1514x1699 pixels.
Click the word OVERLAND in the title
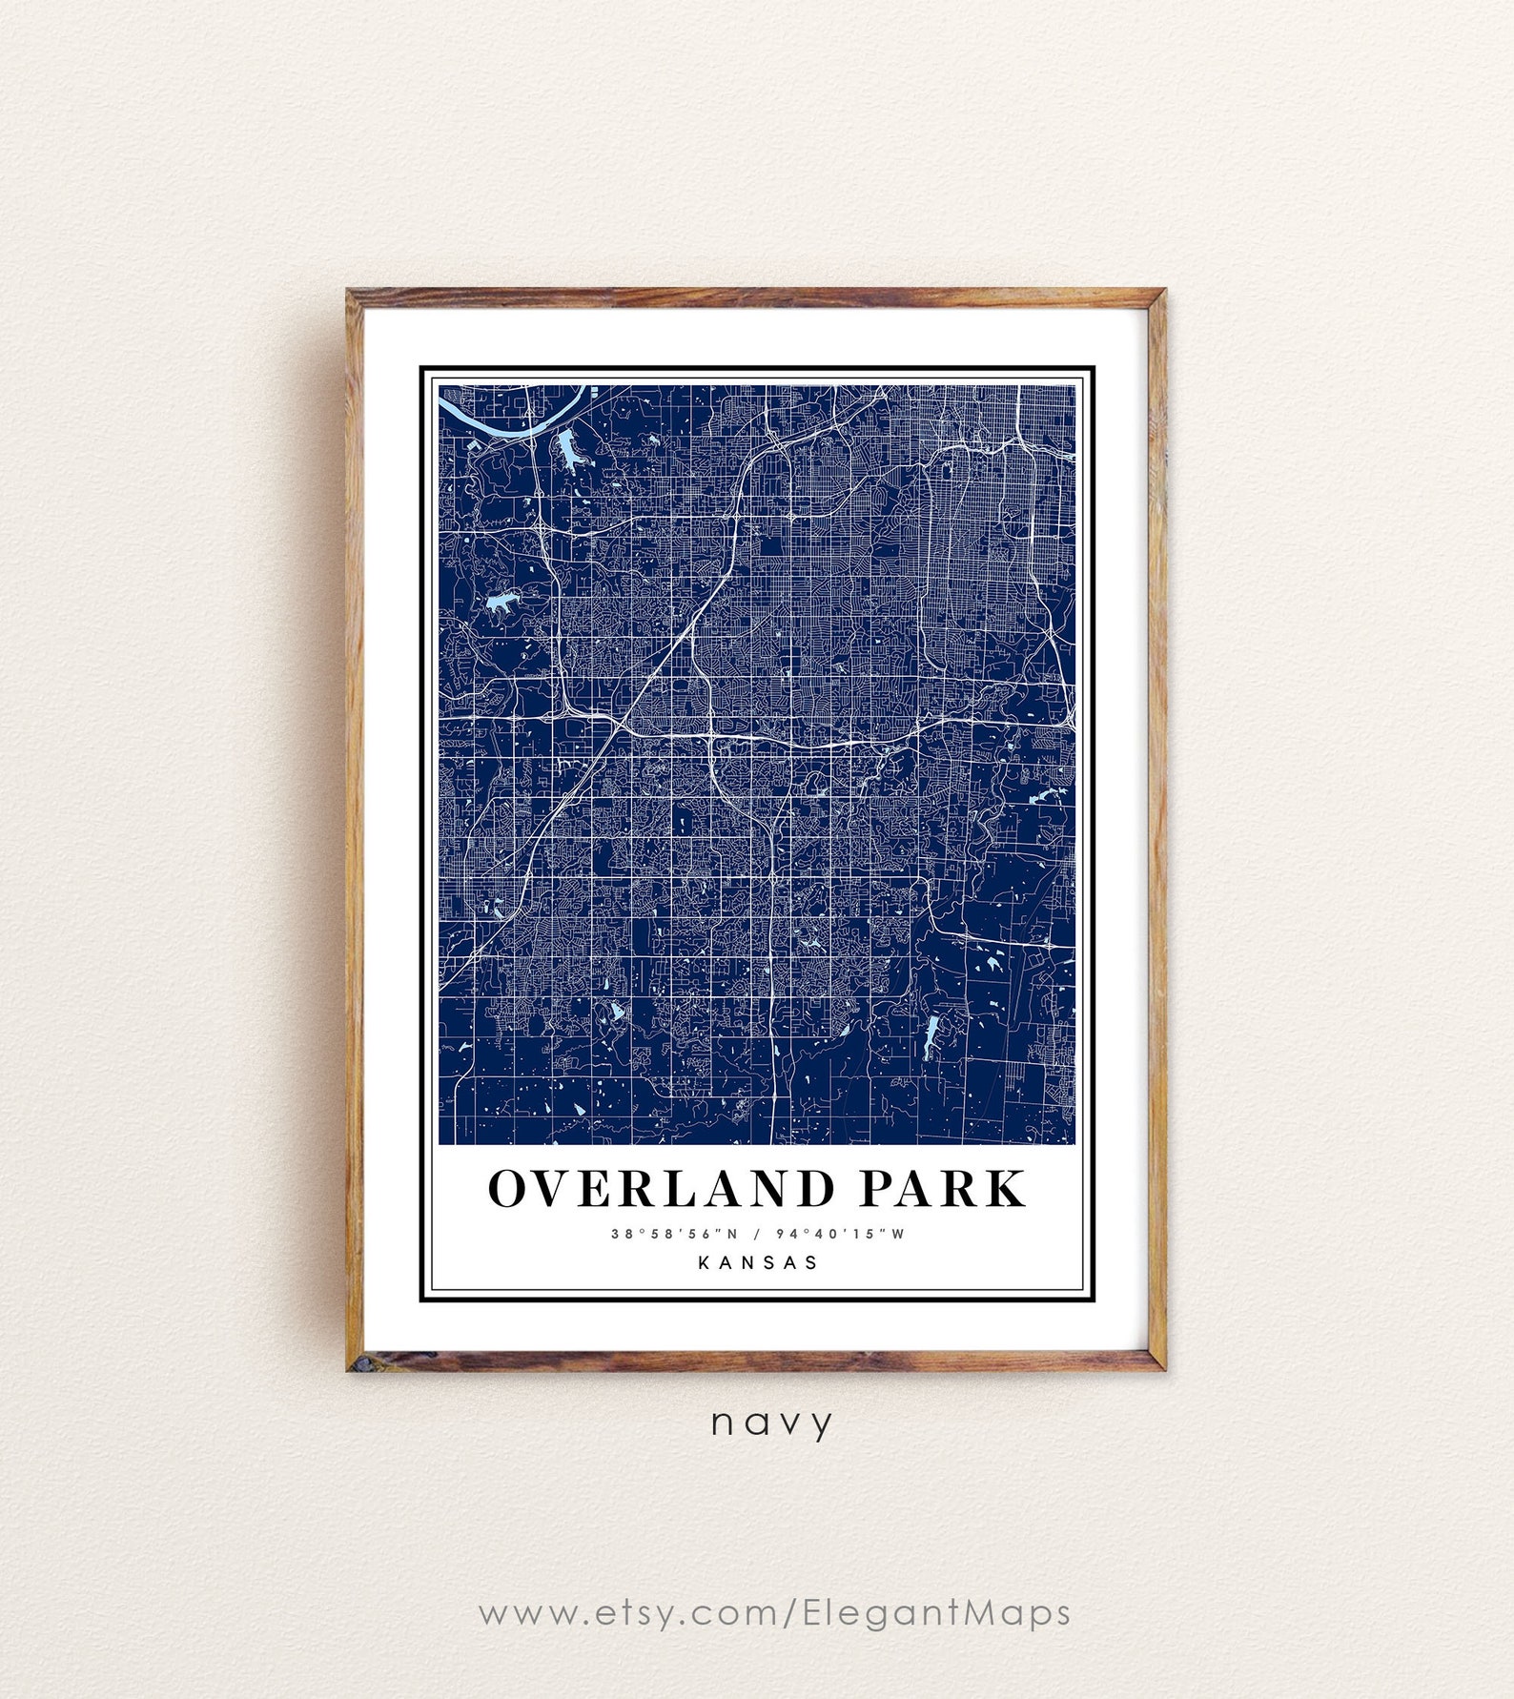pos(662,1189)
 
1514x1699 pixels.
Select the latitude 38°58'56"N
pos(674,1234)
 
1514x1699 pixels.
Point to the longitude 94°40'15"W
pos(840,1234)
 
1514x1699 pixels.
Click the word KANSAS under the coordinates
pos(758,1262)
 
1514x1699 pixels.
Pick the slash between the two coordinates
pos(757,1234)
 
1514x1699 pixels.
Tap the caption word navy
pos(772,1423)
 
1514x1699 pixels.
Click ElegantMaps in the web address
pos(936,1613)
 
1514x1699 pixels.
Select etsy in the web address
pos(634,1613)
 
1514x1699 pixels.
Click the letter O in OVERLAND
pos(511,1189)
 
